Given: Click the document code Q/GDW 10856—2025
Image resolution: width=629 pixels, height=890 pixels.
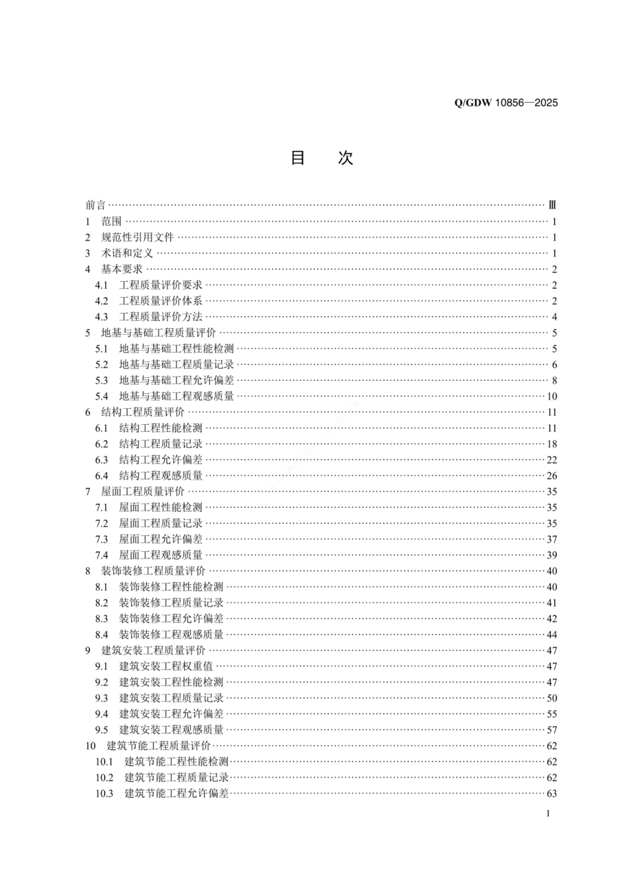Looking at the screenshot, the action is (x=506, y=103).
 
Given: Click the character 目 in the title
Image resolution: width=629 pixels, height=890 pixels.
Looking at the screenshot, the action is (x=298, y=158).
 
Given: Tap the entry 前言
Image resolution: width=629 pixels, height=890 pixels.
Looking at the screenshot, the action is (x=95, y=206).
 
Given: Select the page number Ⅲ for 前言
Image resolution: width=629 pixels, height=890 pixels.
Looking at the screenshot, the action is (x=553, y=206).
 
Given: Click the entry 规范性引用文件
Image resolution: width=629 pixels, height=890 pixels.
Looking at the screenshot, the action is (x=137, y=238).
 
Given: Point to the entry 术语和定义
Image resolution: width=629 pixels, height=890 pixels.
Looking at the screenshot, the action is (x=127, y=253).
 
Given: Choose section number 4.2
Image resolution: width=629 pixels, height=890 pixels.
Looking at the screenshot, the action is (x=101, y=301).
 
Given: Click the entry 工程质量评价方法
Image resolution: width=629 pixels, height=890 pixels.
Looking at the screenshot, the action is (x=160, y=317).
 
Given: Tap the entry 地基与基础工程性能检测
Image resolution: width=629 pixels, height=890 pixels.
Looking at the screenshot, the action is (x=176, y=349).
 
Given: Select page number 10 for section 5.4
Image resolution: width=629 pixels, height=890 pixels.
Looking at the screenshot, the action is (x=552, y=396).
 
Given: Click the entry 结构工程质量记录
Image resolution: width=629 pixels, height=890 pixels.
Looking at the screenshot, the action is (x=160, y=444).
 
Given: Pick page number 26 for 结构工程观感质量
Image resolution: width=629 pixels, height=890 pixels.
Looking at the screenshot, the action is (x=552, y=476).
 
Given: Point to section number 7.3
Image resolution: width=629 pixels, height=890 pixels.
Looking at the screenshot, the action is (x=101, y=539).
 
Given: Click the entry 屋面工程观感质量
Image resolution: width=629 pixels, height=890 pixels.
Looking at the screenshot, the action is (x=160, y=555).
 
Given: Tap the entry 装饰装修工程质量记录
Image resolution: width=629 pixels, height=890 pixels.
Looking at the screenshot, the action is (x=171, y=603).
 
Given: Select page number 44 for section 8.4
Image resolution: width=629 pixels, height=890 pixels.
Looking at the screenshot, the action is (x=552, y=635).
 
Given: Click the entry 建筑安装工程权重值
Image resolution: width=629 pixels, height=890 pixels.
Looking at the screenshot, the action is (x=166, y=666).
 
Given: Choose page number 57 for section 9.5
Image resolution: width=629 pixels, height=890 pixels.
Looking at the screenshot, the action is (x=552, y=730).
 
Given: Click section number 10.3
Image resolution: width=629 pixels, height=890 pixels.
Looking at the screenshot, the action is (x=104, y=793).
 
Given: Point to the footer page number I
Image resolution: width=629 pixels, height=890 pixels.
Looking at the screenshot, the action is (x=548, y=813).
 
